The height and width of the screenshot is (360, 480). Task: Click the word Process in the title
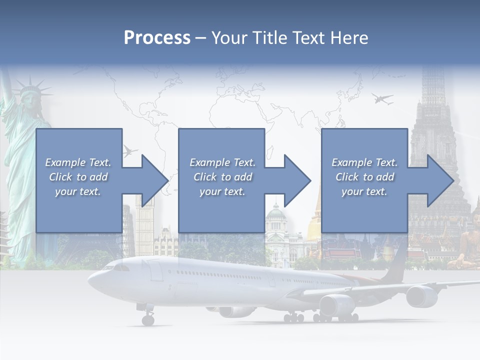point(157,38)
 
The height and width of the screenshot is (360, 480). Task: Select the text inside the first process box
point(78,177)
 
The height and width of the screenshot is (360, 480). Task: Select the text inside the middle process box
point(222,177)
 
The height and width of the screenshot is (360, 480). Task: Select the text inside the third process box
point(364,177)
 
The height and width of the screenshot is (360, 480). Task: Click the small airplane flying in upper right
point(382,99)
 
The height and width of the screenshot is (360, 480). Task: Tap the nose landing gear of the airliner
point(148,318)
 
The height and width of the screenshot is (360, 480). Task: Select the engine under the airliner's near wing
point(336,305)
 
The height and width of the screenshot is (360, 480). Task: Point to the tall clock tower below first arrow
point(144,220)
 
